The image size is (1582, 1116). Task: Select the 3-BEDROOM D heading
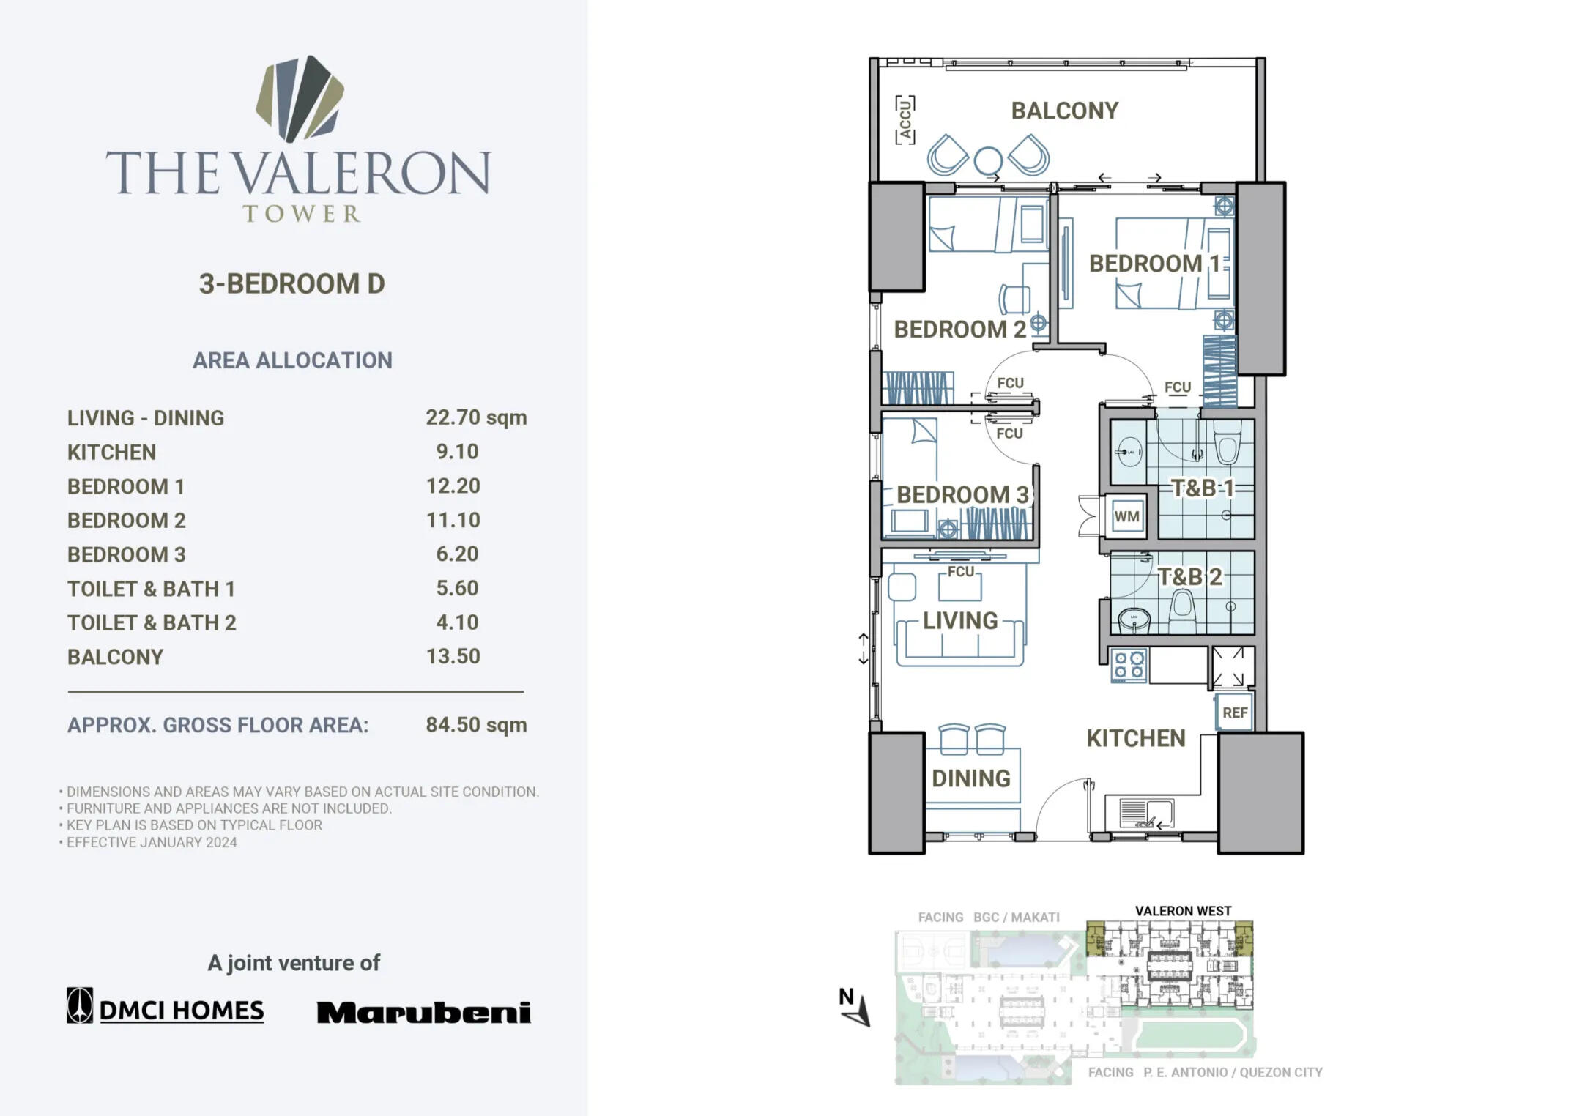pos(291,284)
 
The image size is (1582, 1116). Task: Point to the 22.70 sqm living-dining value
pos(476,417)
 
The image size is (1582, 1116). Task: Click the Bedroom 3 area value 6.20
pos(457,554)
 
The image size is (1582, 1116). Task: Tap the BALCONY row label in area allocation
pos(115,657)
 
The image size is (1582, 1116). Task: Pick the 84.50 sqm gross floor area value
pos(476,725)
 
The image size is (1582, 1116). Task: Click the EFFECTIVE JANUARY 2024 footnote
pos(152,842)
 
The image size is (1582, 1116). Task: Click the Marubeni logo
pos(423,1012)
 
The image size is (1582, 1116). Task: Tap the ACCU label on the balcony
pos(905,119)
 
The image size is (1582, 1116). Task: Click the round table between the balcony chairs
pos(987,160)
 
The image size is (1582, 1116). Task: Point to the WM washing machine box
pos(1126,517)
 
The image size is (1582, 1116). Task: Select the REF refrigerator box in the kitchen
pos(1235,713)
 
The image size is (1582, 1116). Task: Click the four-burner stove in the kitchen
pos(1129,665)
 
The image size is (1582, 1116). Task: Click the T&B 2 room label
pos(1189,577)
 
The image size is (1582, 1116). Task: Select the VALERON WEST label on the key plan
pos(1183,911)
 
